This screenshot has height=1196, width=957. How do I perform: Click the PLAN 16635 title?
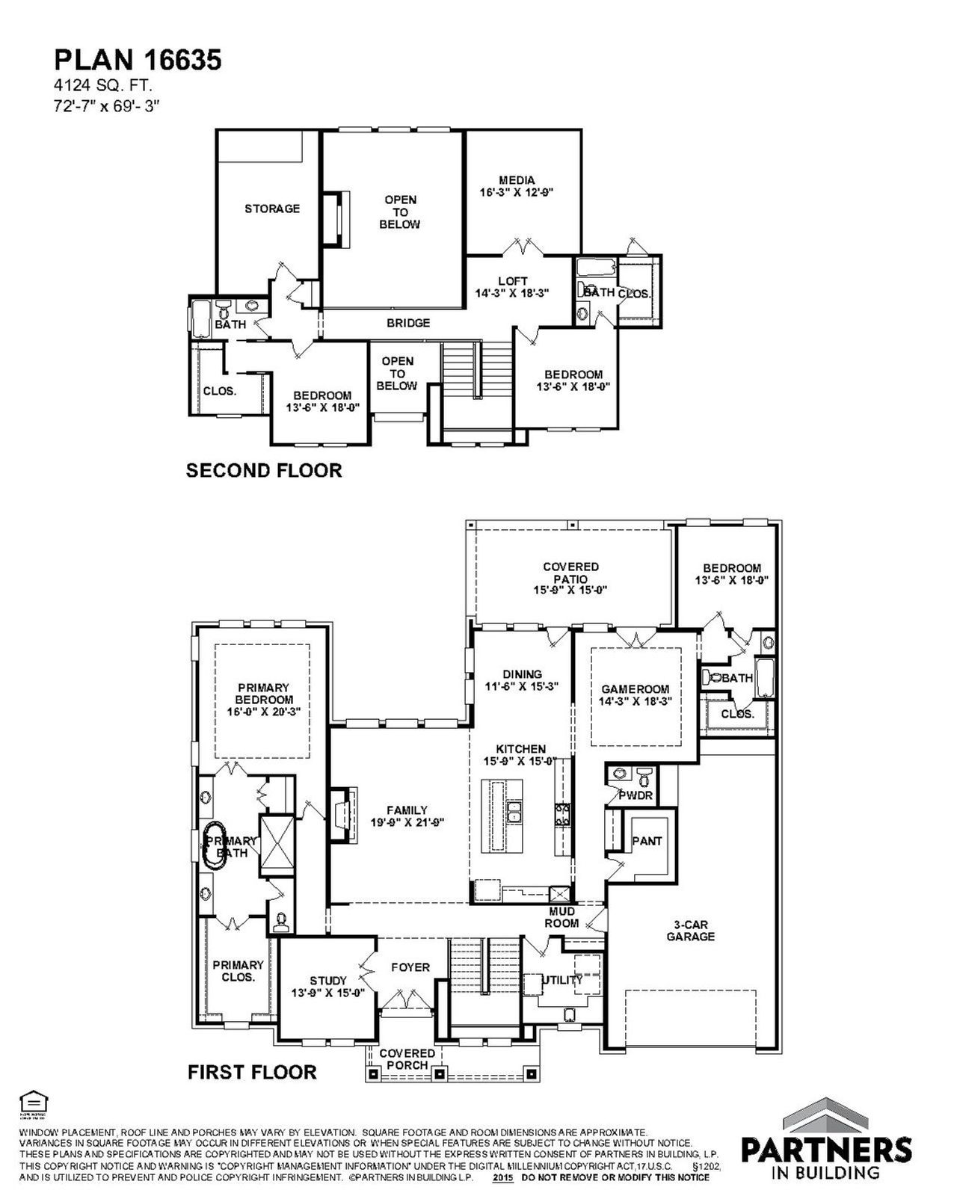pos(137,61)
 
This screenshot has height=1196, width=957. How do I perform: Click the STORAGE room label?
pos(272,209)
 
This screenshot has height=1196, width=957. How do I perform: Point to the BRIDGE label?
pos(408,323)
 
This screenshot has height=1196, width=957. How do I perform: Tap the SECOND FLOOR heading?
pos(264,470)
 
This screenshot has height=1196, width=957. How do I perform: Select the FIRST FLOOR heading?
pos(252,1072)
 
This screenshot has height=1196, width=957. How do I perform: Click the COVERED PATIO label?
pos(570,578)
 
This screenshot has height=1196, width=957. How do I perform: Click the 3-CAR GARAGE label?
pos(690,931)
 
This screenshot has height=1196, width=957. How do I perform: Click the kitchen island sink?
pos(513,810)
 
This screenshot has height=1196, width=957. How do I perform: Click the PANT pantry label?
pos(647,841)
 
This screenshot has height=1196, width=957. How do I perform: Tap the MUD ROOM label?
pos(561,917)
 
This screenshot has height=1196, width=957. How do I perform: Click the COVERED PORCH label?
pos(407,1059)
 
